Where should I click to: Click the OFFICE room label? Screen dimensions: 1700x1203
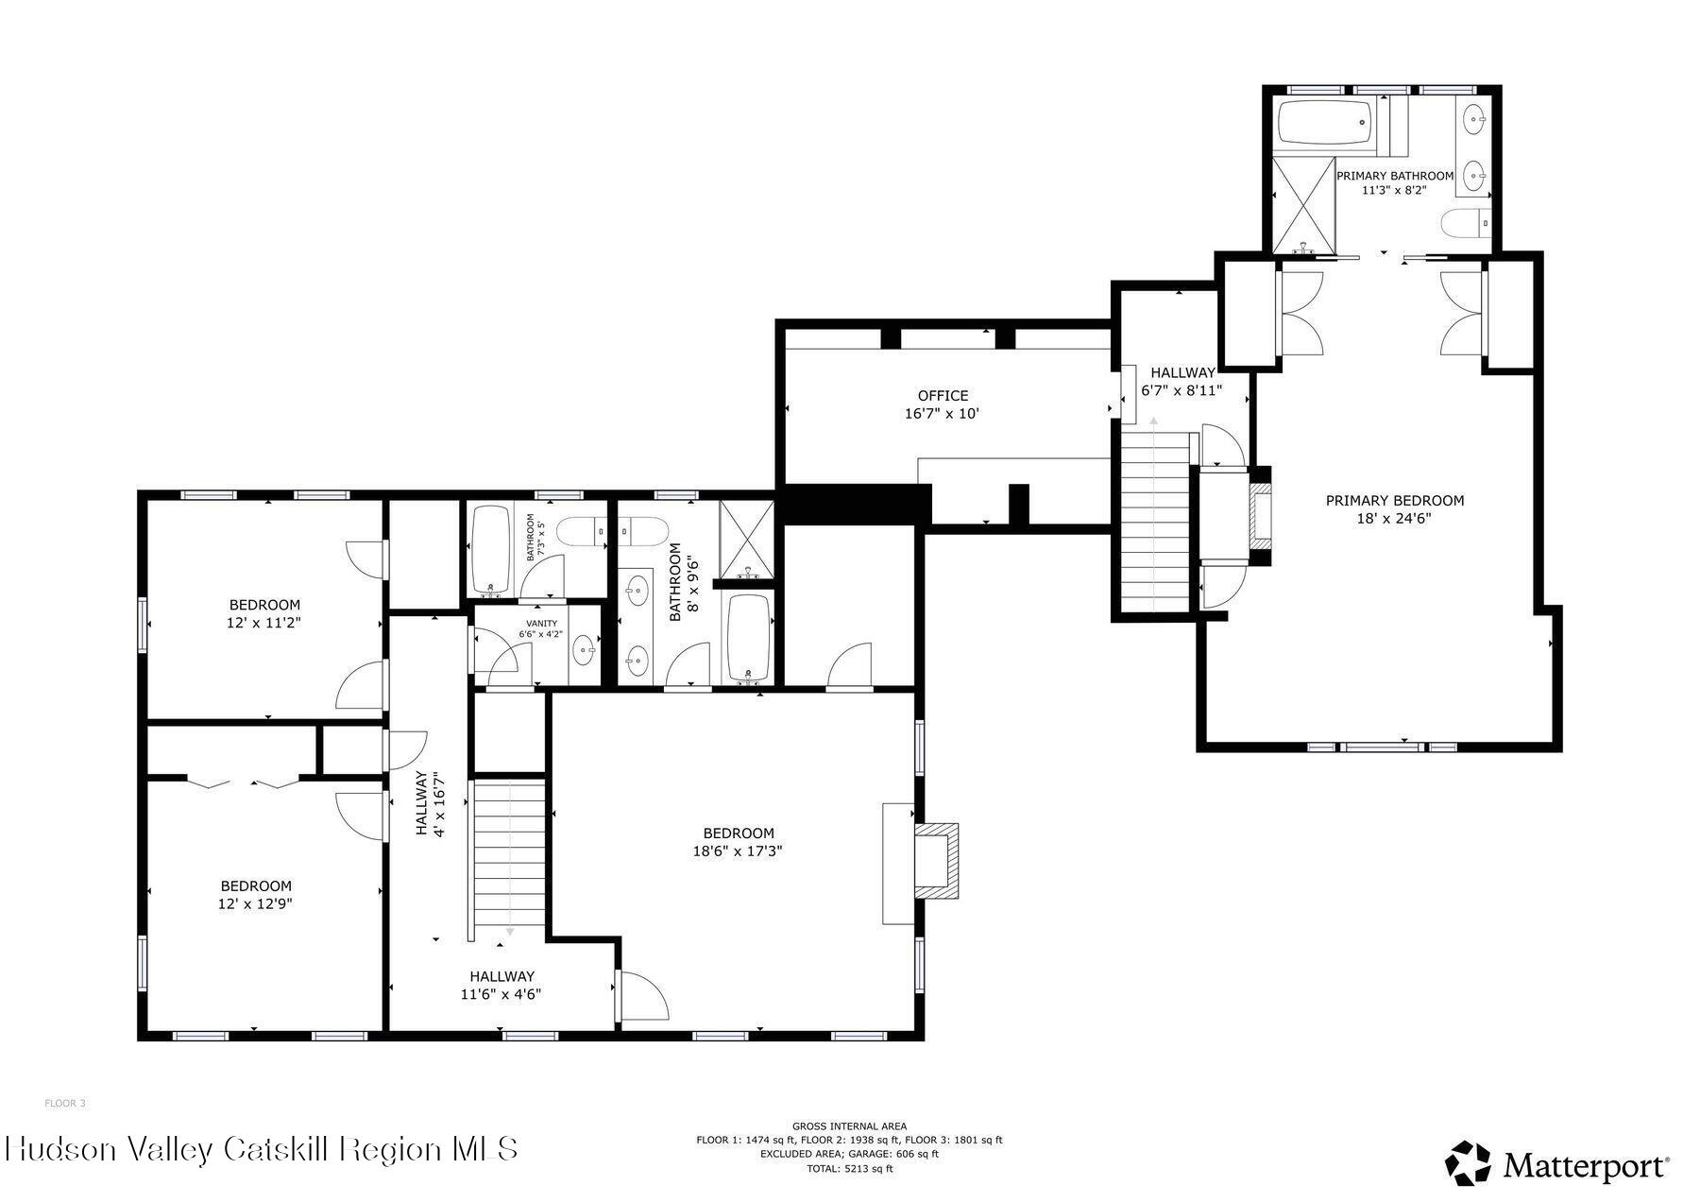tap(943, 396)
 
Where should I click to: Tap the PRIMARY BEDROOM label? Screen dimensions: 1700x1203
tap(1395, 501)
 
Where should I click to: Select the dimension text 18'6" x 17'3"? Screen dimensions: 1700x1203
tap(738, 851)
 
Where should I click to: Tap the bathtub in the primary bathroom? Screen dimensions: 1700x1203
tap(1325, 123)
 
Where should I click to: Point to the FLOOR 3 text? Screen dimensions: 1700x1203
tap(65, 1103)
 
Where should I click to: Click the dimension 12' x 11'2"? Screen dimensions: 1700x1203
tap(265, 623)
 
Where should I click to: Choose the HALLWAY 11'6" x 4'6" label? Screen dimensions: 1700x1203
tap(501, 985)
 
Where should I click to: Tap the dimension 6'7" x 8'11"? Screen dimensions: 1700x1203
tap(1182, 390)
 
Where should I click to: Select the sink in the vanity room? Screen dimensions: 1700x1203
tap(586, 649)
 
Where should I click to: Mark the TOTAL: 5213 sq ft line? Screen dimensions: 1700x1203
tap(849, 1169)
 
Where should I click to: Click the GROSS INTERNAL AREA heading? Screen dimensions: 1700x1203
tap(849, 1126)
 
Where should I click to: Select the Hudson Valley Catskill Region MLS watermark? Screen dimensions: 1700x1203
tap(262, 1149)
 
